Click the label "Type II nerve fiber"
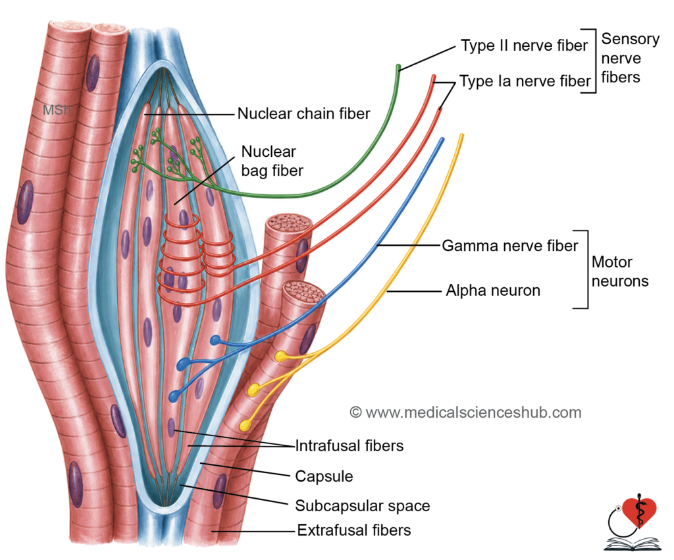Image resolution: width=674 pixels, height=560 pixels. (x=524, y=45)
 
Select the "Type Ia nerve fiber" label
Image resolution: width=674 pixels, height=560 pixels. (x=525, y=81)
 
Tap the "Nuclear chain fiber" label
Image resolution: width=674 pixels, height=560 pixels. (x=303, y=113)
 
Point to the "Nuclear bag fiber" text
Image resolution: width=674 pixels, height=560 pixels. (x=272, y=161)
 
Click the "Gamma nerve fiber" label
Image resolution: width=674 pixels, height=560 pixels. (x=510, y=246)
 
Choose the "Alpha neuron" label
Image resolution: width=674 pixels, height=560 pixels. (x=493, y=291)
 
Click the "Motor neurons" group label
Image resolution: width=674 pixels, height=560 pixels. (x=620, y=271)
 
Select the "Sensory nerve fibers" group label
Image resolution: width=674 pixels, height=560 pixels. (x=630, y=58)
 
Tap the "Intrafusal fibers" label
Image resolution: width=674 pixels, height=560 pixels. (x=350, y=445)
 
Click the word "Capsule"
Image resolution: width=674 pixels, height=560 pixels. (x=324, y=476)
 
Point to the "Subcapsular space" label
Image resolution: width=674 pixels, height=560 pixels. (x=363, y=506)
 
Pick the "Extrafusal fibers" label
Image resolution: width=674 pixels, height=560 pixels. (x=353, y=530)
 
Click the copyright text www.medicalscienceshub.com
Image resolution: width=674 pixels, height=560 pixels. (x=465, y=412)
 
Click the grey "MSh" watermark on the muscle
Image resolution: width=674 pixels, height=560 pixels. (x=57, y=110)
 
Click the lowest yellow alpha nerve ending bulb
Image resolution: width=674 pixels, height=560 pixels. (x=246, y=426)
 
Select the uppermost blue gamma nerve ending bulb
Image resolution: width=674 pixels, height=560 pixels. (x=215, y=341)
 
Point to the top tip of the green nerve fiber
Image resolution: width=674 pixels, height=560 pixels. (x=398, y=67)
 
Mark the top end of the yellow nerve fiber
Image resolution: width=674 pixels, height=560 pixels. (x=461, y=136)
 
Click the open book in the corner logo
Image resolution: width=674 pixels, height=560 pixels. (x=633, y=544)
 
